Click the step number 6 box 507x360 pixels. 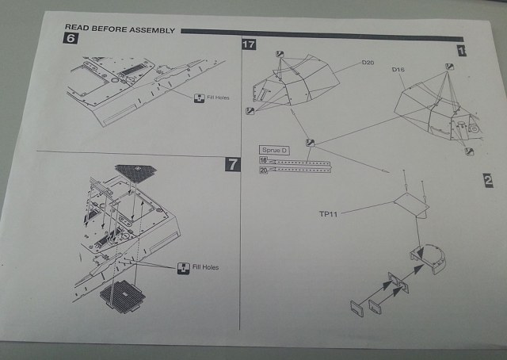click(x=71, y=39)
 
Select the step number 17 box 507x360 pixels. click(x=249, y=45)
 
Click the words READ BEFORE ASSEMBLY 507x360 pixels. click(x=118, y=26)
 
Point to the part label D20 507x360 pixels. click(x=368, y=62)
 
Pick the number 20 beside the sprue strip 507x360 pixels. click(x=262, y=168)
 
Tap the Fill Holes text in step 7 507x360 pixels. click(x=204, y=267)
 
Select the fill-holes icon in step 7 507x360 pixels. click(x=182, y=267)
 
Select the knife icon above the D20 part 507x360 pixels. click(x=279, y=54)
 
